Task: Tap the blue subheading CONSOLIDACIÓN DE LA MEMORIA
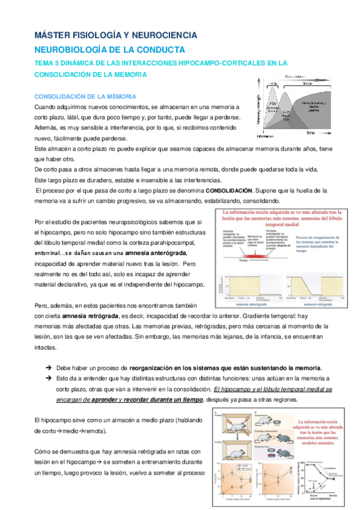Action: [x=85, y=96]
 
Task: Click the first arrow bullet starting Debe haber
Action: [x=49, y=367]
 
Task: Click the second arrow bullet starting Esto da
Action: [x=49, y=378]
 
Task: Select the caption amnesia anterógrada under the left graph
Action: [x=247, y=305]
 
